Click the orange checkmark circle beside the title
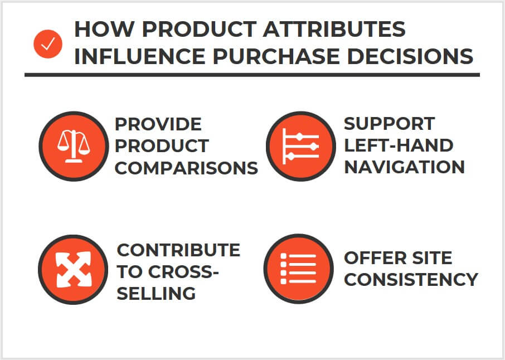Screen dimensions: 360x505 pyautogui.click(x=48, y=45)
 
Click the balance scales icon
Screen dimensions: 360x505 pyautogui.click(x=73, y=146)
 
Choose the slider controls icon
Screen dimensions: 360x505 pyautogui.click(x=300, y=146)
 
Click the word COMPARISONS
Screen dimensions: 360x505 pyautogui.click(x=186, y=168)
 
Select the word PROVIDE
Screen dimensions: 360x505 pyautogui.click(x=158, y=123)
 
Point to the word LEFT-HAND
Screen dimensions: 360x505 pyautogui.click(x=398, y=145)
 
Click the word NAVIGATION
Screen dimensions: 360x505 pyautogui.click(x=404, y=167)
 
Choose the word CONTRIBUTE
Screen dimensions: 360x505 pyautogui.click(x=178, y=250)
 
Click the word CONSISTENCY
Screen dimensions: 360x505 pyautogui.click(x=411, y=279)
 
